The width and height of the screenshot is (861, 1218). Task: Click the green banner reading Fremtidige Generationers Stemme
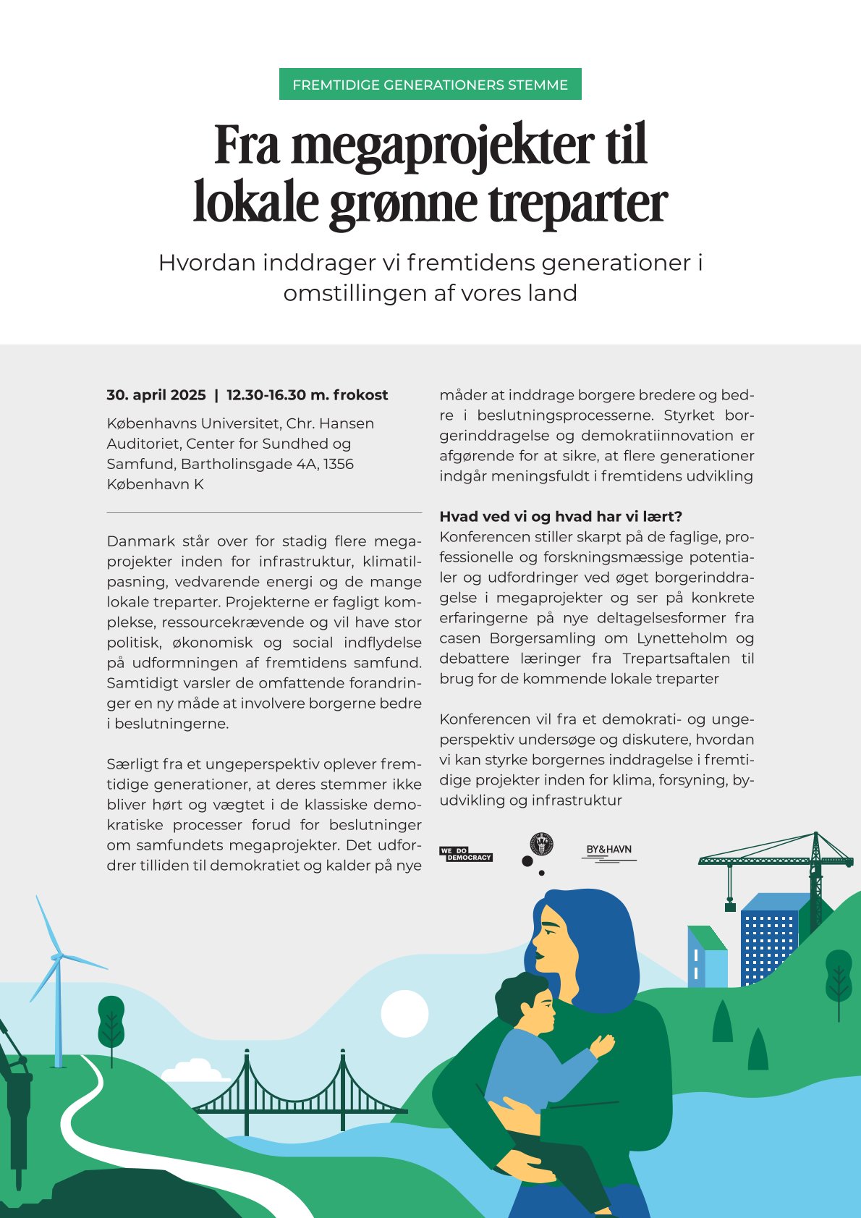pos(430,85)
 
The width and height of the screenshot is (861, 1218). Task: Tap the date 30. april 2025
pos(156,395)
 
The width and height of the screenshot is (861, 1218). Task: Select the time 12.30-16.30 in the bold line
pos(266,395)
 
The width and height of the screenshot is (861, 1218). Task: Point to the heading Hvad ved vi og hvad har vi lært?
pos(561,517)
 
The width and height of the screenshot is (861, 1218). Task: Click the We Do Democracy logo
pos(465,854)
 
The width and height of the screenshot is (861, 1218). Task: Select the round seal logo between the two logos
pos(541,845)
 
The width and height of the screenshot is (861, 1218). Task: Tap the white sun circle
pos(404,1014)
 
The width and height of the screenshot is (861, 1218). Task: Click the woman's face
pos(550,941)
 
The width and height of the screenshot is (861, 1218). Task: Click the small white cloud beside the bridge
pos(192,1070)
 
